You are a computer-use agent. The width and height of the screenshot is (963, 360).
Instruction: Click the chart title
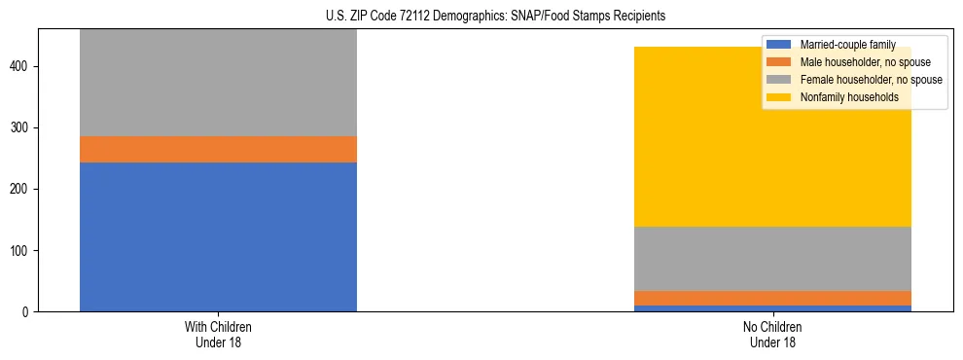[495, 17]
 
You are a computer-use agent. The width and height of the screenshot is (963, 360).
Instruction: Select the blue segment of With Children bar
[218, 236]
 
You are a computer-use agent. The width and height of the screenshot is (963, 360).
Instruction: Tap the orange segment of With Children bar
[218, 149]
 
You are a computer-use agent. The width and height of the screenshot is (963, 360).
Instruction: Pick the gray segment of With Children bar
[218, 83]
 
